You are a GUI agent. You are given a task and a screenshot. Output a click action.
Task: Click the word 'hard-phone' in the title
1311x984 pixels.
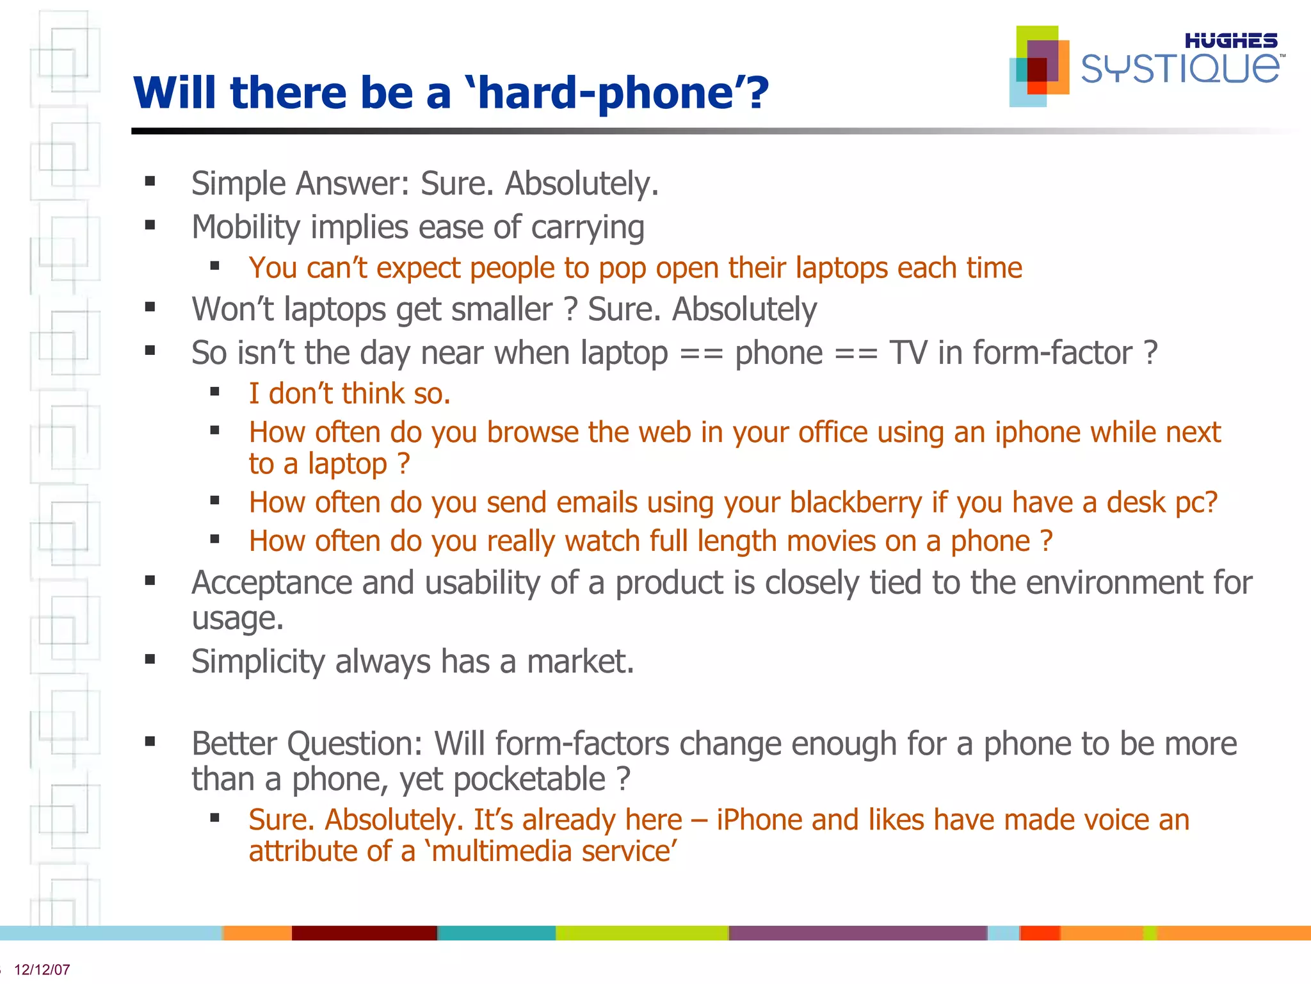coord(605,93)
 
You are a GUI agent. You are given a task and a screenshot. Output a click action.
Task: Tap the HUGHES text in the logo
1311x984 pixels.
coord(1230,41)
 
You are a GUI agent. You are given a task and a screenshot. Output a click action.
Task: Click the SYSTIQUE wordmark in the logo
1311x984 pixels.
coord(1180,69)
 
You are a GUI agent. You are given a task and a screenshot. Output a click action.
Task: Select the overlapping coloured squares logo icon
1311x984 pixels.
coord(1040,66)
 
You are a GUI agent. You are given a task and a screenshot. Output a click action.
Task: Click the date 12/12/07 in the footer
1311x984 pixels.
coord(42,969)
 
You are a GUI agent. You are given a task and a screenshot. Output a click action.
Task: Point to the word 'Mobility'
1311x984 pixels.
coord(246,227)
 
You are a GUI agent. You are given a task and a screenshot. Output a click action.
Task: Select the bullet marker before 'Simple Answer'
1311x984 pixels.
coord(150,181)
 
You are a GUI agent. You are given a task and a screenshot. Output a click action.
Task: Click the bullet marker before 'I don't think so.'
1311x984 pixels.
coord(214,392)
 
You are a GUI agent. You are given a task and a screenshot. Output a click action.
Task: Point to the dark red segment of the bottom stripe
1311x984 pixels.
coord(364,933)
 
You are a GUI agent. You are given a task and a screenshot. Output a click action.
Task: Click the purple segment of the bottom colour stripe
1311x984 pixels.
coord(858,933)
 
